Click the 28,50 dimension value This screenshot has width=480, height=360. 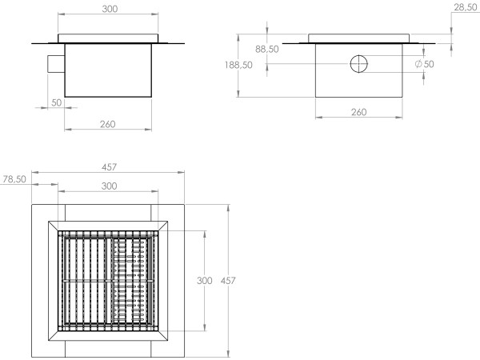tap(465, 7)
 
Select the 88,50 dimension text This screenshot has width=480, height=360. tap(266, 50)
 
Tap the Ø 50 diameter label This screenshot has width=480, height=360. tap(425, 64)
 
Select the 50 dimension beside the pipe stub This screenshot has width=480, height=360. tap(56, 103)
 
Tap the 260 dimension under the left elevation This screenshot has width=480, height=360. tap(108, 124)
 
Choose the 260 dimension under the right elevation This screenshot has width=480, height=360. tap(358, 112)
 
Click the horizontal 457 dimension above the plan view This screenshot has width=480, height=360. tap(109, 167)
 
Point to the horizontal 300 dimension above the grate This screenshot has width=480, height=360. tap(110, 186)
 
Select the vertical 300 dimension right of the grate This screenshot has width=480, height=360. tap(205, 281)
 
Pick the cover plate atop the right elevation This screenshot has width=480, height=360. tap(359, 38)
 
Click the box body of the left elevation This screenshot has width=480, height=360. tap(109, 70)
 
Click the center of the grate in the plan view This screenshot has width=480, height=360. tap(109, 281)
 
